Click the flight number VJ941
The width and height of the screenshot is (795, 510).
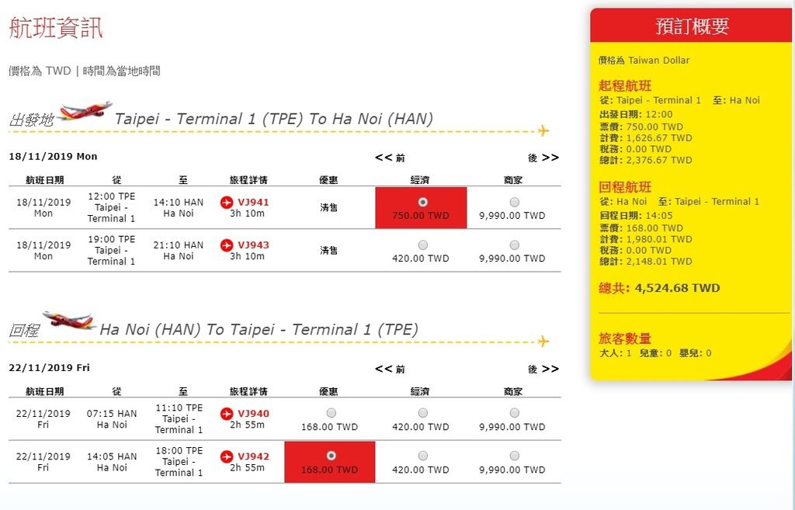pos(253,203)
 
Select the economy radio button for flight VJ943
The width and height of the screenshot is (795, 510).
pos(423,245)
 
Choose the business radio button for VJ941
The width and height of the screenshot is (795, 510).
pos(515,203)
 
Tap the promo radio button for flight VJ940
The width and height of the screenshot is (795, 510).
pos(331,413)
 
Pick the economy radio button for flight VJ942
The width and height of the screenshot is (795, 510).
pos(423,456)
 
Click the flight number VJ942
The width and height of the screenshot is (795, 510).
pos(253,456)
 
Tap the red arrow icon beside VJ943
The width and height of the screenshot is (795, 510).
pos(227,245)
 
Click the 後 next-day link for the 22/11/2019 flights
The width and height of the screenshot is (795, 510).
pos(543,369)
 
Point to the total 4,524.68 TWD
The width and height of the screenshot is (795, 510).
pos(677,288)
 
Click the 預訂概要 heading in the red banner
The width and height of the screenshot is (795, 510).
pos(692,26)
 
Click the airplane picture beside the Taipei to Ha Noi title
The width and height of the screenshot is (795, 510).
pos(84,112)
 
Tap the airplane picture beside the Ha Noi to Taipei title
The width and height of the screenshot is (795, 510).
pos(69,321)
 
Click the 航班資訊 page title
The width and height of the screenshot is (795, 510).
pos(56,27)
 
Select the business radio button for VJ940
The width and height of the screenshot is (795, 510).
pos(515,413)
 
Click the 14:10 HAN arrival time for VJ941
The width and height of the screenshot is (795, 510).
pos(179,203)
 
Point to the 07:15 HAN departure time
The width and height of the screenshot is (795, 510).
pos(112,414)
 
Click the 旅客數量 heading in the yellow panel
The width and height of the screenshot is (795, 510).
pos(625,338)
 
